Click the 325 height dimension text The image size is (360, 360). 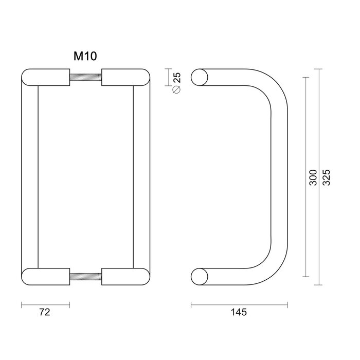[x=326, y=178]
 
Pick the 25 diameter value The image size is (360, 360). [x=177, y=78]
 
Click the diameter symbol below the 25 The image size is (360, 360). [x=177, y=90]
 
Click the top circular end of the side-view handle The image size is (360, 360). [x=201, y=78]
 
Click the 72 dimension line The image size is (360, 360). [x=45, y=304]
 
